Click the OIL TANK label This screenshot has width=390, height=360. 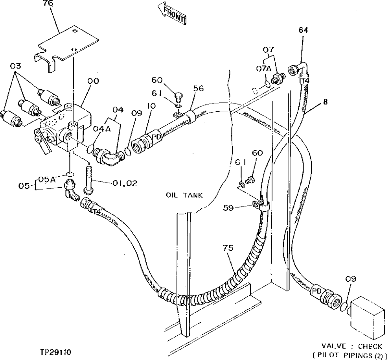pyautogui.click(x=184, y=195)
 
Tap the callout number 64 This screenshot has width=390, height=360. pyautogui.click(x=303, y=30)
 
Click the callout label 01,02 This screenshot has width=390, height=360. pyautogui.click(x=124, y=183)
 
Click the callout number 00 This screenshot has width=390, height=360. pyautogui.click(x=93, y=81)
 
